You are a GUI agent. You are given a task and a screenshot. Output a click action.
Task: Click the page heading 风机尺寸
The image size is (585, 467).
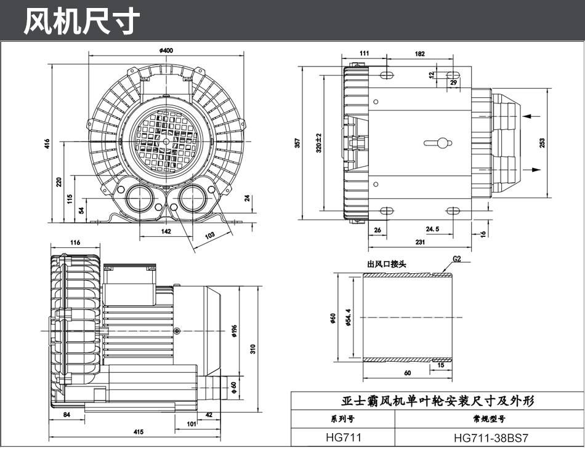pyautogui.click(x=82, y=22)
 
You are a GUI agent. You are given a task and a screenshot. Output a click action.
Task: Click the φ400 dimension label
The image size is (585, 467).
pyautogui.click(x=166, y=50)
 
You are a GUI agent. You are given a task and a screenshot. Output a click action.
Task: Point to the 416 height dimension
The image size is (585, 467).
pyautogui.click(x=47, y=143)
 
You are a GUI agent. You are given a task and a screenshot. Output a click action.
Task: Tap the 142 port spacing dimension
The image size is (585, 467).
pyautogui.click(x=166, y=231)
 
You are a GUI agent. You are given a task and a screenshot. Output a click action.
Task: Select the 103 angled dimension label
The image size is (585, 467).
pyautogui.click(x=209, y=235)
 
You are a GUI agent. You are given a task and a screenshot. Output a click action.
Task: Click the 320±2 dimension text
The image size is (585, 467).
pyautogui.click(x=318, y=143)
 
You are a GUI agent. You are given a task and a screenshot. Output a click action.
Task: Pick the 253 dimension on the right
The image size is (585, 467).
pyautogui.click(x=542, y=143)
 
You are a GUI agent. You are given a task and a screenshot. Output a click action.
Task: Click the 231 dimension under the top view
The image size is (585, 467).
pyautogui.click(x=420, y=242)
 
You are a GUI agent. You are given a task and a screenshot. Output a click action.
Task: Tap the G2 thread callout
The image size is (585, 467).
pyautogui.click(x=457, y=258)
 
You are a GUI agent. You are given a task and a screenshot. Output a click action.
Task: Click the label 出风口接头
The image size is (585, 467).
pyautogui.click(x=386, y=264)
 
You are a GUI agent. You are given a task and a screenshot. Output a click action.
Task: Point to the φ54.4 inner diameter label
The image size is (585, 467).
pyautogui.click(x=348, y=317)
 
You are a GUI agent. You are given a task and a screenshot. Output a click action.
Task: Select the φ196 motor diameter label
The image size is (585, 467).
pyautogui.click(x=234, y=331)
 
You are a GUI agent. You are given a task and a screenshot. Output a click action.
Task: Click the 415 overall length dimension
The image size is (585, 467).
pyautogui.click(x=139, y=432)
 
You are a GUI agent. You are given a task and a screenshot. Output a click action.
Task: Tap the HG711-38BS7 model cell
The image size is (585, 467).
pyautogui.click(x=491, y=437)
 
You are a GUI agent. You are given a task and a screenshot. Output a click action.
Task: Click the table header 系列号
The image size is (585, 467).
pyautogui.click(x=342, y=419)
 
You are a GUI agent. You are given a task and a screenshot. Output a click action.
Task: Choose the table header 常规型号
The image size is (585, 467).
pyautogui.click(x=489, y=419)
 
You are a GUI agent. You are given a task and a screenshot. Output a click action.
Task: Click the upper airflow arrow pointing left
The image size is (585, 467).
pyautogui.click(x=531, y=116)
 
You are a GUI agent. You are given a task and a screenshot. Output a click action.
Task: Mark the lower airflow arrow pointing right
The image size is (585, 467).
pyautogui.click(x=531, y=170)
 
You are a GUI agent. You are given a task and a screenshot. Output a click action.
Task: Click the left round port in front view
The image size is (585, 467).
pyautogui.click(x=139, y=198)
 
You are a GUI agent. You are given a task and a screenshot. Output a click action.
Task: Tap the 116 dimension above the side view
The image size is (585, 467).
pyautogui.click(x=75, y=242)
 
